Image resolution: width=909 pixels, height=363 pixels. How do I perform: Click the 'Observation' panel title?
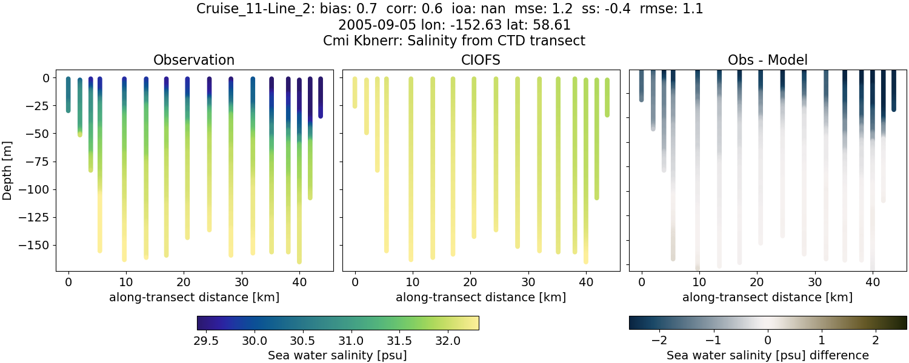tap(194, 60)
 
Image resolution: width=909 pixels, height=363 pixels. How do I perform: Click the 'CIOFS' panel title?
tap(481, 60)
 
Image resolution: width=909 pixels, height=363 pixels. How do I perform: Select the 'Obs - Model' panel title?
tap(768, 60)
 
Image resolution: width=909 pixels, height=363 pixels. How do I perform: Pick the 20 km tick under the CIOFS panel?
tap(470, 283)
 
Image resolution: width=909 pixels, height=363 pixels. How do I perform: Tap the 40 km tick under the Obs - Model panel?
tap(873, 283)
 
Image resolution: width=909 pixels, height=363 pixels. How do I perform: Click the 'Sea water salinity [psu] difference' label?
tap(768, 355)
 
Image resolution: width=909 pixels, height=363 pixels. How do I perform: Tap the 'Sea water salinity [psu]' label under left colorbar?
tap(338, 355)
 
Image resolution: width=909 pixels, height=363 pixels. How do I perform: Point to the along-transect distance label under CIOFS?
tap(481, 297)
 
